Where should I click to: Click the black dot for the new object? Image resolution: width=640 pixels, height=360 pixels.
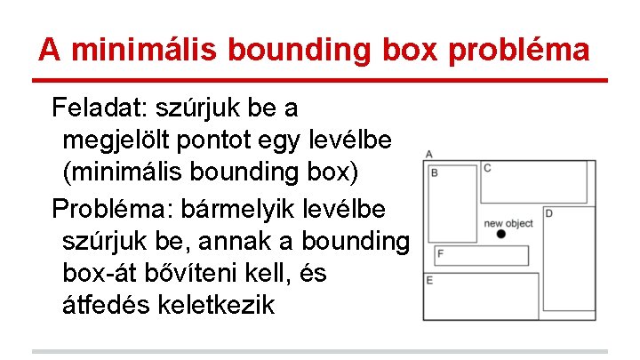[x=501, y=234]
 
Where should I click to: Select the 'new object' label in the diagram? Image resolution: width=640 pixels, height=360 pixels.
[x=508, y=223]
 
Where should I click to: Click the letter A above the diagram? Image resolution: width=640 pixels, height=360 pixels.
[x=429, y=155]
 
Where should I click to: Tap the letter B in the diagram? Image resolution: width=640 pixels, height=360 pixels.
[x=435, y=172]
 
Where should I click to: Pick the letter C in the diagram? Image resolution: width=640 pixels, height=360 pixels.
[x=487, y=168]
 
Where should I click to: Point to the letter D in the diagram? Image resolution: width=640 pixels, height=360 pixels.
[x=548, y=213]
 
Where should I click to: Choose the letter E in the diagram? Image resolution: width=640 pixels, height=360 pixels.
[x=429, y=281]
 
